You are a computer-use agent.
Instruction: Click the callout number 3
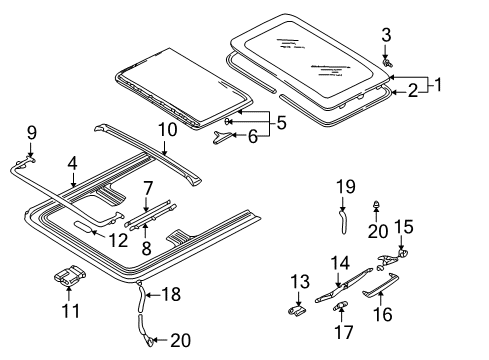pyautogui.click(x=386, y=35)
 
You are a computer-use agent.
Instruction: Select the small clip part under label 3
pyautogui.click(x=387, y=62)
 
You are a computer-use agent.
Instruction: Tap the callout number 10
pyautogui.click(x=167, y=129)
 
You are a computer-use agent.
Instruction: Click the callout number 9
pyautogui.click(x=32, y=133)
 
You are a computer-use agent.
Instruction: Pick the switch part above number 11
pyautogui.click(x=70, y=275)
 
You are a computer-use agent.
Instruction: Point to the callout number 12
pyautogui.click(x=118, y=240)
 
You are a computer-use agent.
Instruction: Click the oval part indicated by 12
pyautogui.click(x=83, y=226)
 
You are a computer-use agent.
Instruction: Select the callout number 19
pyautogui.click(x=346, y=187)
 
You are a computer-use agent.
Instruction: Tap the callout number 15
pyautogui.click(x=404, y=227)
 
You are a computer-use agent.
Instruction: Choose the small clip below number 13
pyautogui.click(x=297, y=310)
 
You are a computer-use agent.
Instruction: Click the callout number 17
pyautogui.click(x=343, y=332)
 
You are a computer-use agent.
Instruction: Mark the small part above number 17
pyautogui.click(x=340, y=305)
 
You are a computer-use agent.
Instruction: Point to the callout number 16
pyautogui.click(x=382, y=314)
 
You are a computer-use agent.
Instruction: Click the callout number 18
pyautogui.click(x=171, y=294)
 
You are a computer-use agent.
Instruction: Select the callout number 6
pyautogui.click(x=253, y=136)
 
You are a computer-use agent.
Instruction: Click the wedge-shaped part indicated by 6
pyautogui.click(x=222, y=137)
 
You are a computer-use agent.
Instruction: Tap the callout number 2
pyautogui.click(x=413, y=90)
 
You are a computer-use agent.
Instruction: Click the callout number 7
pyautogui.click(x=148, y=188)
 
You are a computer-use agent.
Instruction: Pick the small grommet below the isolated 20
pyautogui.click(x=377, y=204)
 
